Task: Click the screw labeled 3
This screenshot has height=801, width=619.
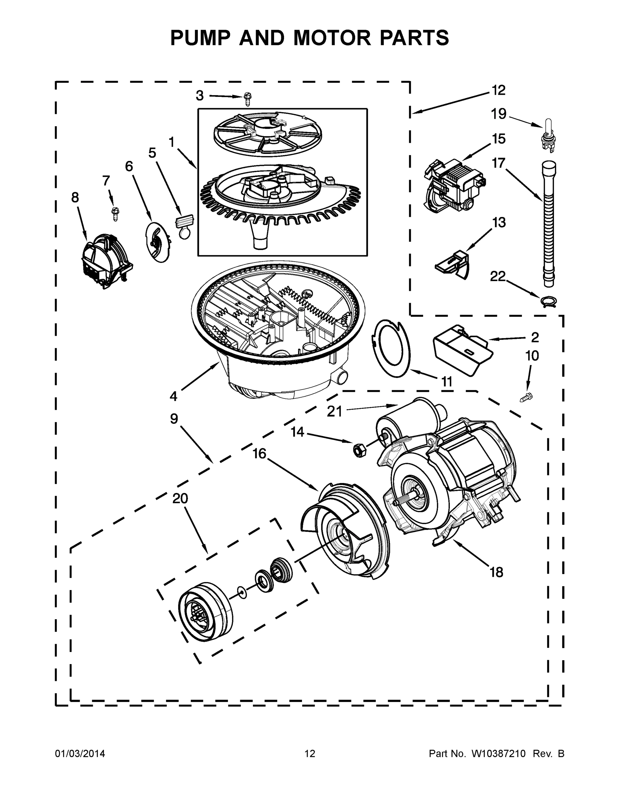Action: (248, 98)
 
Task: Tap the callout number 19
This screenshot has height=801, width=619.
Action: (499, 114)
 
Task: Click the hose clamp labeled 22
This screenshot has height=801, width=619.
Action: (549, 301)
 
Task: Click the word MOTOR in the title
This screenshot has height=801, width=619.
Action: (332, 38)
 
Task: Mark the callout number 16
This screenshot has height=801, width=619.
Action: (259, 454)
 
